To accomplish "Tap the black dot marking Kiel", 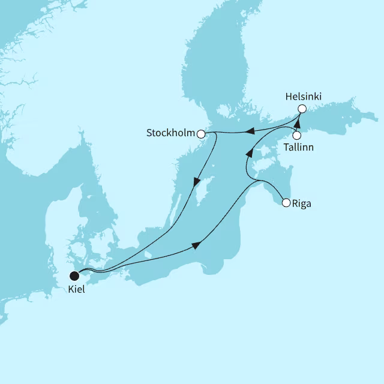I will (x=74, y=276).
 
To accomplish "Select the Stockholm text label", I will (x=170, y=133).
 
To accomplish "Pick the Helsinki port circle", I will (x=302, y=109).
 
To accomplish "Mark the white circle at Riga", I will (x=286, y=203).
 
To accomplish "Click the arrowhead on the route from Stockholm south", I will (x=196, y=182).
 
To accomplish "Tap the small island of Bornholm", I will (x=149, y=256).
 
